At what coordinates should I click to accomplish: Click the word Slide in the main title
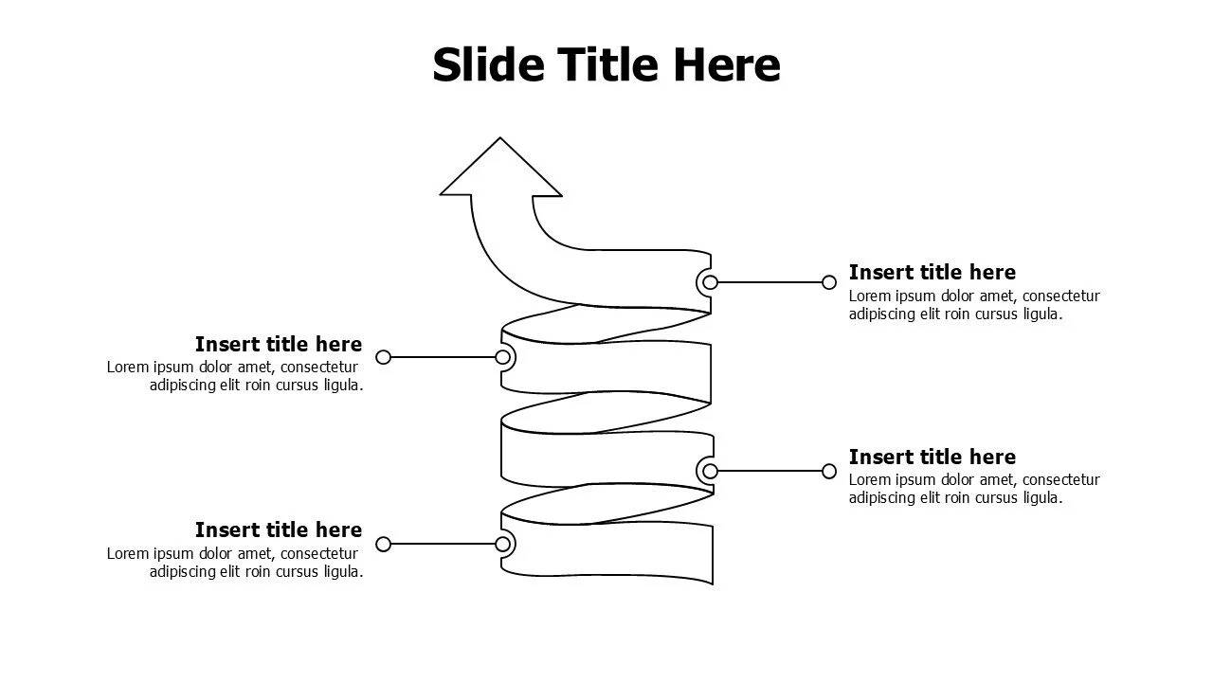pyautogui.click(x=488, y=64)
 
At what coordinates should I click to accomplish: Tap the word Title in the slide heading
pyautogui.click(x=607, y=64)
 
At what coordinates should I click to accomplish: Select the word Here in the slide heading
pyautogui.click(x=726, y=64)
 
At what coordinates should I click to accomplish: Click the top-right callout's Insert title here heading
pyautogui.click(x=932, y=272)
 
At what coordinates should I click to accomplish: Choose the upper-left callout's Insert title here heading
pyautogui.click(x=279, y=344)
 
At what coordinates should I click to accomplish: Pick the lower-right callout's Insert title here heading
pyautogui.click(x=932, y=457)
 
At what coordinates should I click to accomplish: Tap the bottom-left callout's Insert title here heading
pyautogui.click(x=279, y=529)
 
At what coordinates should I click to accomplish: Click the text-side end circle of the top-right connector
pyautogui.click(x=829, y=282)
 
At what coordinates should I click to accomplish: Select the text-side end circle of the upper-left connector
pyautogui.click(x=384, y=357)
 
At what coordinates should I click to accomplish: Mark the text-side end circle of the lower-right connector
pyautogui.click(x=829, y=472)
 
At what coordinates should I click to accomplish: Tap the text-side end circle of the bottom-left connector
pyautogui.click(x=384, y=544)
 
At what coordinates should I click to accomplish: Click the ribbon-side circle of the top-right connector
pyautogui.click(x=711, y=282)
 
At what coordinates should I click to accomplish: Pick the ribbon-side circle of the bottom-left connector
pyautogui.click(x=502, y=544)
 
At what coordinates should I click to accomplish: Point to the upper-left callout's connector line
pyautogui.click(x=443, y=357)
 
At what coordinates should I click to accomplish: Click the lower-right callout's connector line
pyautogui.click(x=769, y=472)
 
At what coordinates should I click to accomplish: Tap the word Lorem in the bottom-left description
pyautogui.click(x=128, y=554)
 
